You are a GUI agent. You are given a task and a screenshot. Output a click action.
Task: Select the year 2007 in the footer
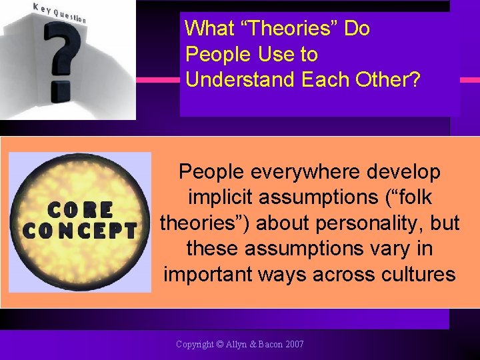(293, 345)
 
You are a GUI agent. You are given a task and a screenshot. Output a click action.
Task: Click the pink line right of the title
(470, 79)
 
